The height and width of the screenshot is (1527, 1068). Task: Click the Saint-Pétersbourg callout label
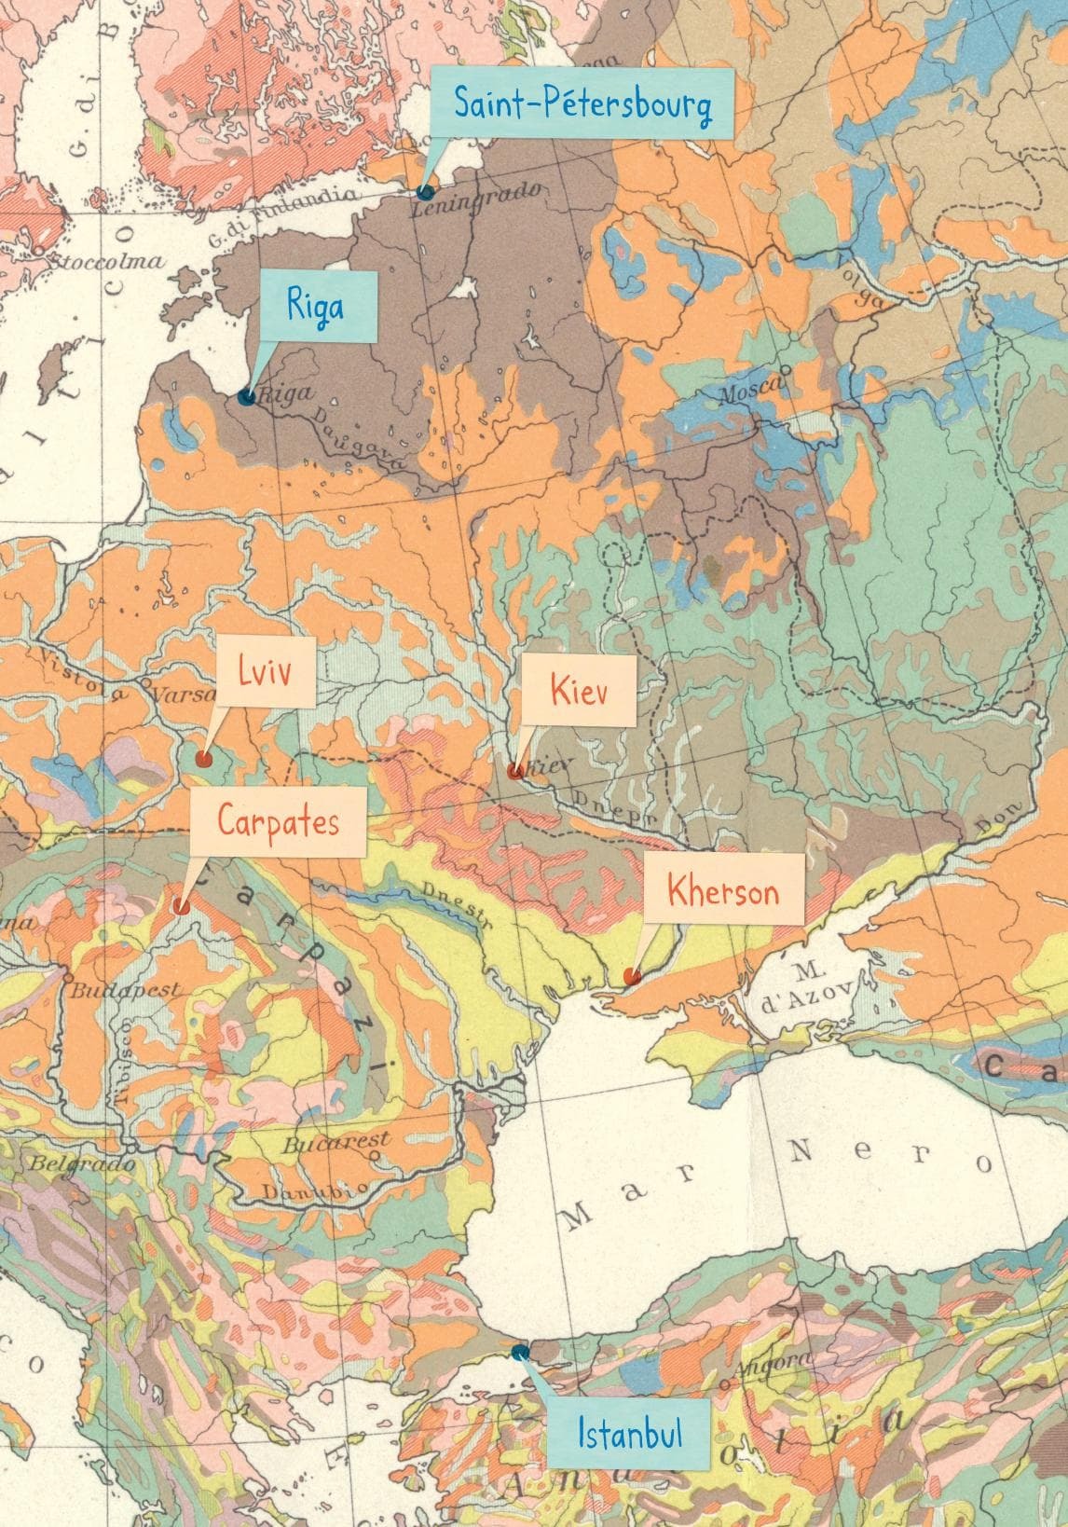click(x=582, y=103)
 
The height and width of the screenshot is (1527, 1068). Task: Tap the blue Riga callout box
click(x=316, y=306)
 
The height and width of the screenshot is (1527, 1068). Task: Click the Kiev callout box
click(x=578, y=691)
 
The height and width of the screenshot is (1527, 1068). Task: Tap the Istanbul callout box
click(x=629, y=1431)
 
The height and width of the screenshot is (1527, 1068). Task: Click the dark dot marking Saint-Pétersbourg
click(x=425, y=192)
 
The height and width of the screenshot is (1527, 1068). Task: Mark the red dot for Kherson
click(x=632, y=977)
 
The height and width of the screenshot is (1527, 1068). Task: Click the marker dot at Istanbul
click(x=519, y=1352)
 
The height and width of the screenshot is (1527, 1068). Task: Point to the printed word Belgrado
click(x=70, y=1163)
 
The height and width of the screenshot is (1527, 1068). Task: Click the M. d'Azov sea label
click(x=801, y=988)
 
